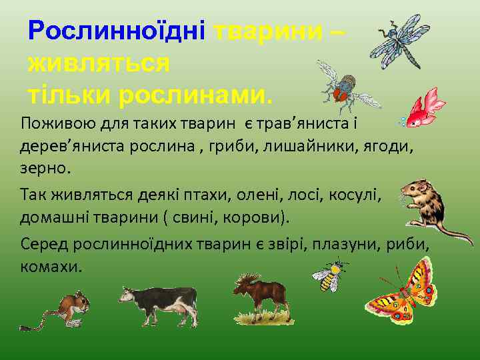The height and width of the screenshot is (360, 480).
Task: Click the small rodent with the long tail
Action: (x=67, y=309)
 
